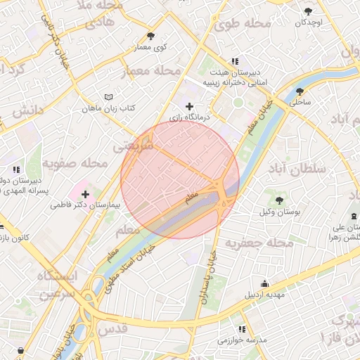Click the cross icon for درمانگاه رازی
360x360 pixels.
[189, 106]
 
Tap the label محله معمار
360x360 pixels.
[152, 71]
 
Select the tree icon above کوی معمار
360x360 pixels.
[150, 36]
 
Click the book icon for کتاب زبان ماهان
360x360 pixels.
[108, 97]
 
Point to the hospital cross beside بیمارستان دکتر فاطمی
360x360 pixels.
[86, 193]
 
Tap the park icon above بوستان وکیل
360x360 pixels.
[280, 200]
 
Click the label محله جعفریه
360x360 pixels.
[258, 243]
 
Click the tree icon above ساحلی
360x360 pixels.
[300, 91]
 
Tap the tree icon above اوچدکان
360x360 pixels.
[309, 11]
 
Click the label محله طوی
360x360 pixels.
[243, 25]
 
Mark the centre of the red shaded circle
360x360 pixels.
[180, 180]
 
